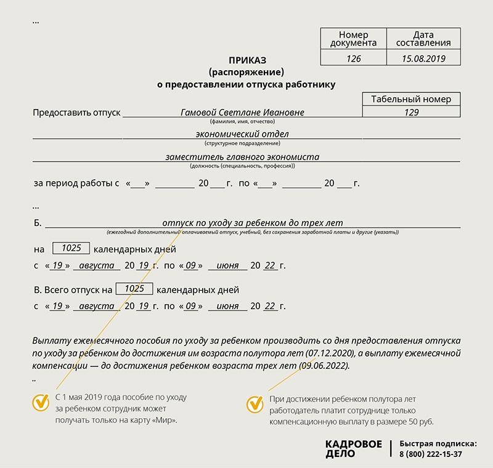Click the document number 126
353,59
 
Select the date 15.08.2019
423,59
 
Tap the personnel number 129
412,112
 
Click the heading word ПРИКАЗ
247,60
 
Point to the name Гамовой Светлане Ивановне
242,113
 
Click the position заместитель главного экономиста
242,156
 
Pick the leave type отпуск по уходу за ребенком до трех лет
251,222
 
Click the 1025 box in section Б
71,248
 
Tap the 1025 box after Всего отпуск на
134,288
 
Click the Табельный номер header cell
412,99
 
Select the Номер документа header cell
353,39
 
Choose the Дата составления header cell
423,39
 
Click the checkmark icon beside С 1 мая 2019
41,403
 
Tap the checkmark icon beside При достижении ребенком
255,405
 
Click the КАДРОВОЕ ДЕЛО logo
353,448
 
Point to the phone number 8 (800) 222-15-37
430,454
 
